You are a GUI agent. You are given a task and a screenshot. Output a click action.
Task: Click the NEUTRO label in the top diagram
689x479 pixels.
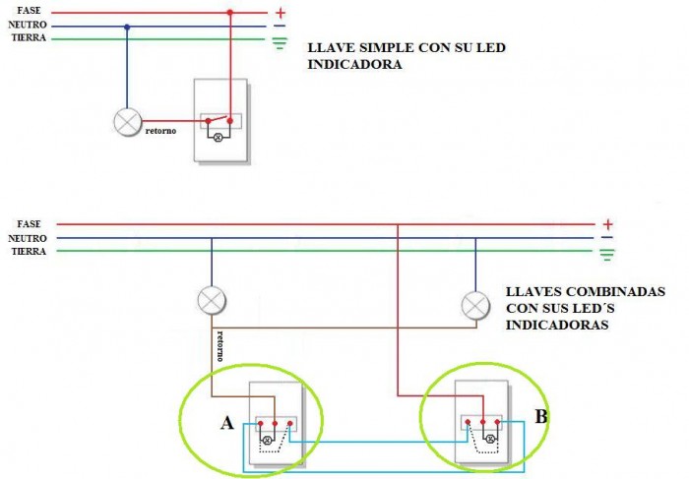[30, 24]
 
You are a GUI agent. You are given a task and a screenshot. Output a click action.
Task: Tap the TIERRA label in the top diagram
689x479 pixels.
[29, 36]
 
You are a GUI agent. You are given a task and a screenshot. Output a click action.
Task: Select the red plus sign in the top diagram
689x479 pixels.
[281, 13]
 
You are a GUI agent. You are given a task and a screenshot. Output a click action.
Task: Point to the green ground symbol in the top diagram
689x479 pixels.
[281, 43]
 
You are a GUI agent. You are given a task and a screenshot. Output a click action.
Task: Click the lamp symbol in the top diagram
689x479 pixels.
[127, 121]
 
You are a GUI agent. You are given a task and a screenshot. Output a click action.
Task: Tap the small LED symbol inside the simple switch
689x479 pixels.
[219, 137]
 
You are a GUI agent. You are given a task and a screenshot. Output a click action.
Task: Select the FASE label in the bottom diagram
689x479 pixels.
[29, 224]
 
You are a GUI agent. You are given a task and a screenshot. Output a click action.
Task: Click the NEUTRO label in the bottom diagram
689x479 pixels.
[28, 238]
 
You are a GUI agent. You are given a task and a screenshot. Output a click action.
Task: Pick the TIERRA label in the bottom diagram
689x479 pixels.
[29, 251]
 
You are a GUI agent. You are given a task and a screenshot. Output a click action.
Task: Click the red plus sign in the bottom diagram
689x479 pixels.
[607, 224]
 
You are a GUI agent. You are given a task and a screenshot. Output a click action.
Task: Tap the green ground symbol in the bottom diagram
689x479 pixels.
[607, 255]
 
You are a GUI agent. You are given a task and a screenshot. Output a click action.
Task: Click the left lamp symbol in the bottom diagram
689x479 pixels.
[211, 299]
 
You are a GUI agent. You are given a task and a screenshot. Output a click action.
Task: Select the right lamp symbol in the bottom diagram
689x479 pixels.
[475, 307]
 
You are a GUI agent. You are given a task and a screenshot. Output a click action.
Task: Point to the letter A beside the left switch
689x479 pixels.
[227, 423]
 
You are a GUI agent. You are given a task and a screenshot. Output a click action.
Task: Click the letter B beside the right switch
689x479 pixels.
[540, 416]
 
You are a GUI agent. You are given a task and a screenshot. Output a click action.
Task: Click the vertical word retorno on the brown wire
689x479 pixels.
[219, 346]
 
